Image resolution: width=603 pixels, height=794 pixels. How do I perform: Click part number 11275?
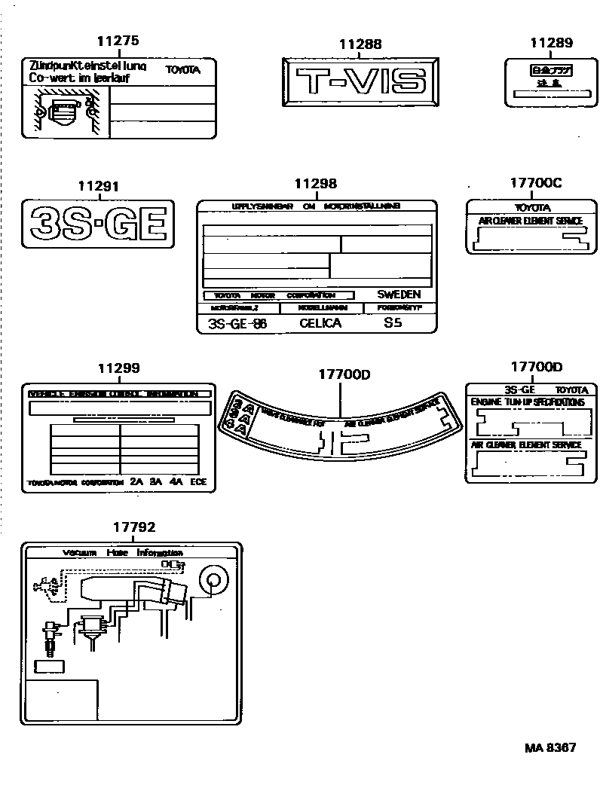coord(119,42)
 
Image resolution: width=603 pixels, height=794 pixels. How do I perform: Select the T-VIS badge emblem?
coord(360,81)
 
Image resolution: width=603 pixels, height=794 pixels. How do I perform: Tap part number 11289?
coord(551,44)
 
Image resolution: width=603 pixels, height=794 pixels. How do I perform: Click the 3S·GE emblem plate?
coord(98,224)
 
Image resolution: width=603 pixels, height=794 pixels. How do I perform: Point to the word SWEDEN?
coord(399,295)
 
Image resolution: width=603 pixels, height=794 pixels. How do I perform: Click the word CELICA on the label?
coord(320,323)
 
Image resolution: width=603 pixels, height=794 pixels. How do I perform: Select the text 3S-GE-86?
coord(237,323)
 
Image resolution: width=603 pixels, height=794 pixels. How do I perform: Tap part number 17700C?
coord(536,183)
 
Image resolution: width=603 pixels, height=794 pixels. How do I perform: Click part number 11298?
coord(315,183)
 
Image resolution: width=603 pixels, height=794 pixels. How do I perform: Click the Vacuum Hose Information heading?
coord(123,552)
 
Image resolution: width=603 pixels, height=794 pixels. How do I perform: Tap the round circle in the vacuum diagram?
coord(213,580)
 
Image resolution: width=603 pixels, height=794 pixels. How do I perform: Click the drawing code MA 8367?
coord(550,747)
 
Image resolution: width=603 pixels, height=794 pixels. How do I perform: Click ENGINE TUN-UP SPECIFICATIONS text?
coord(528,403)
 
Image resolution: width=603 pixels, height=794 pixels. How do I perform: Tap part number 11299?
coord(118,368)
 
